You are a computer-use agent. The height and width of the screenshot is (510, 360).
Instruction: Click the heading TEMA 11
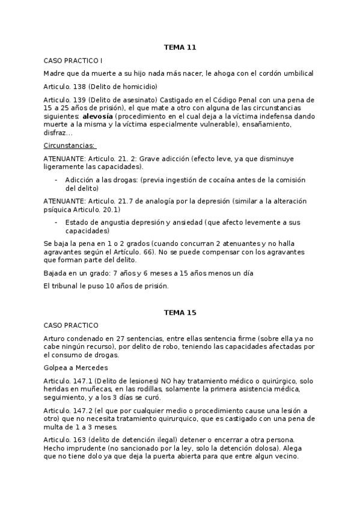coord(180,47)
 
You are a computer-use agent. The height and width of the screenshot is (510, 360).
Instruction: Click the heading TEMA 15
coord(180,313)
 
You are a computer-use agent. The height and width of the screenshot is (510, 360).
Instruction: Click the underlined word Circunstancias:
coord(70,146)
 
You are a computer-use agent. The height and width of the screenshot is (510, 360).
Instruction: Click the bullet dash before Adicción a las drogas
coord(56,180)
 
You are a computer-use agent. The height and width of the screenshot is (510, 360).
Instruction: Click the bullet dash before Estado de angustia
coord(56,222)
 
